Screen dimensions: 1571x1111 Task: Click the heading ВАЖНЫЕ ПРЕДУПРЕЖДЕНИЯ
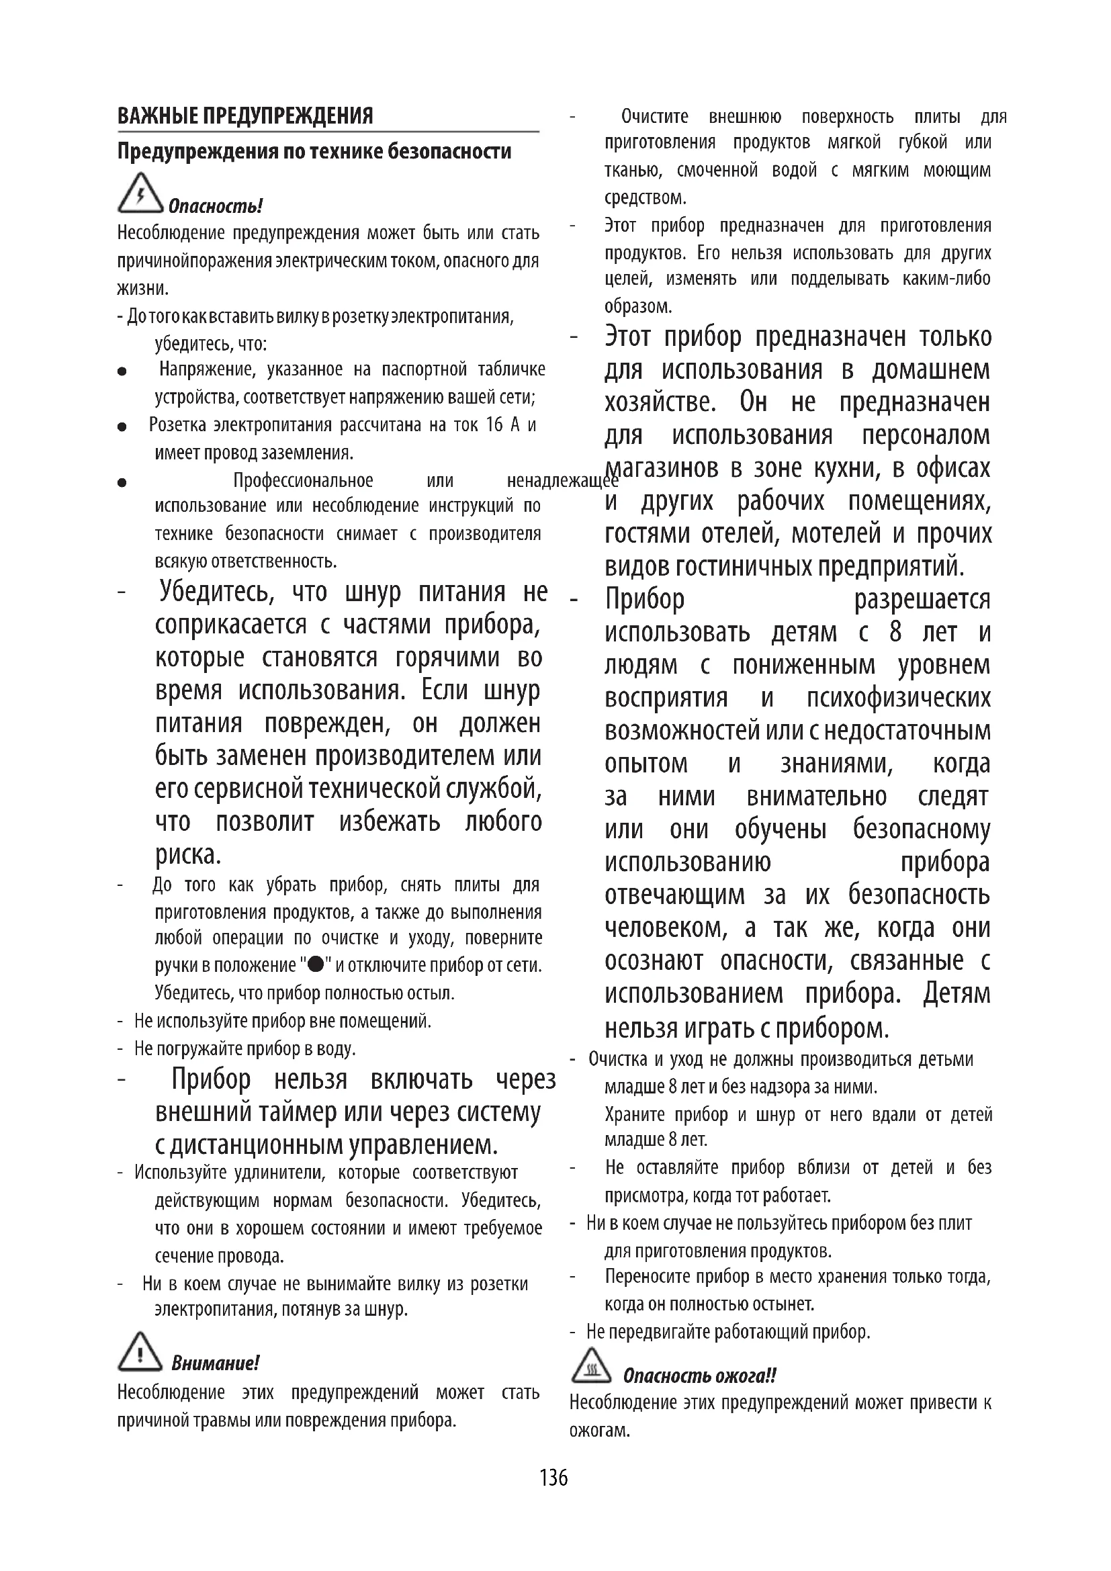coord(245,116)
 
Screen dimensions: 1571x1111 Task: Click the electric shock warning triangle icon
coord(140,193)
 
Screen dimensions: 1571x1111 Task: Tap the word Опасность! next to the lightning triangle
coord(215,206)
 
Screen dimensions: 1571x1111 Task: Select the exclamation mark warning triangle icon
coord(140,1352)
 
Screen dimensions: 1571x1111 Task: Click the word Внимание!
coord(215,1363)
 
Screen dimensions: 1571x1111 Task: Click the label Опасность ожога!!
coord(699,1376)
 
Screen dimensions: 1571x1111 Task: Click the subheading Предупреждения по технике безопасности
coord(314,151)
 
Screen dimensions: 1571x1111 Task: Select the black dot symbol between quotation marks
coord(316,965)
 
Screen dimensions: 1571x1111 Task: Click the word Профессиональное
coord(303,480)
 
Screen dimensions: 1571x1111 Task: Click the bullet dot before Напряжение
coord(122,371)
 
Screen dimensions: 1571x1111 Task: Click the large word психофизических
coord(898,698)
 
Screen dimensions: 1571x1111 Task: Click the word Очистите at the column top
coord(655,117)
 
